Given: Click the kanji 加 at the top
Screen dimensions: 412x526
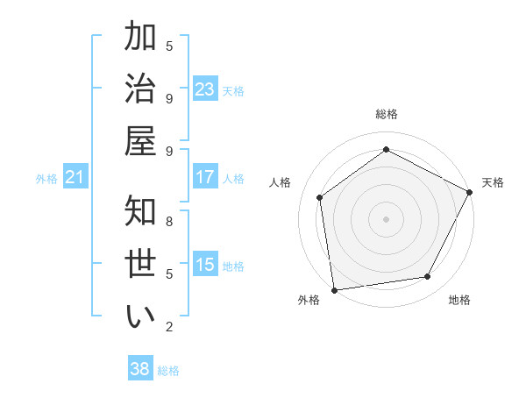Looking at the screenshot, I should pos(139,38).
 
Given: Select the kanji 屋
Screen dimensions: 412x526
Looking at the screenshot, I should pos(139,140).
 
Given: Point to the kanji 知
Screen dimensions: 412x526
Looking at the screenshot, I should pos(139,211).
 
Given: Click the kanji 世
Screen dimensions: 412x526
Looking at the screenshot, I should pos(139,263).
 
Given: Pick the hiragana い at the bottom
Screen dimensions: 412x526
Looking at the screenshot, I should pos(139,316).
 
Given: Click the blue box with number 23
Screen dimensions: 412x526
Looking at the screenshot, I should pos(205,89).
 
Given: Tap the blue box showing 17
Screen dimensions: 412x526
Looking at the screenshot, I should pos(205,177).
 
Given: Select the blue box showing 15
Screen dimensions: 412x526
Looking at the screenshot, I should pos(205,265).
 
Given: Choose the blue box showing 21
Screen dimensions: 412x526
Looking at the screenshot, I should pos(75,178).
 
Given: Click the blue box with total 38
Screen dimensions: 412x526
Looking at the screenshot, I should pos(140,369).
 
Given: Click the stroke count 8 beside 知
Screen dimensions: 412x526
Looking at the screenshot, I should pos(169,221).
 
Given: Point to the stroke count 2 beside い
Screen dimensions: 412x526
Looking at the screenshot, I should pos(169,327).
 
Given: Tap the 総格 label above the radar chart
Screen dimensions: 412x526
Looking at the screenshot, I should pos(387,114).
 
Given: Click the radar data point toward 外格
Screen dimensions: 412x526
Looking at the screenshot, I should pos(334,289).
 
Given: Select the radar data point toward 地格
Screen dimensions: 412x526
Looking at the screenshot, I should pos(428,277).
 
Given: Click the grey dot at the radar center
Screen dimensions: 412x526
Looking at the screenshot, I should pos(387,218).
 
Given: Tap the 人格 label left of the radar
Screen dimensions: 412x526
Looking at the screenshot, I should pos(281,182).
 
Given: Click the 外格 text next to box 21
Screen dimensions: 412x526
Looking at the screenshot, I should pos(46,179).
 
